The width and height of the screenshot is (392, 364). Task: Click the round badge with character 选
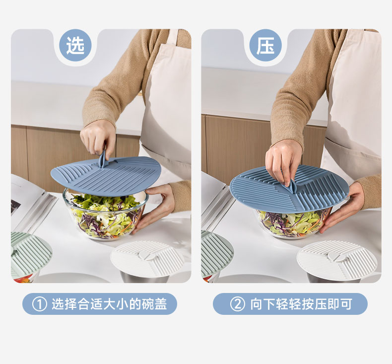click(75, 45)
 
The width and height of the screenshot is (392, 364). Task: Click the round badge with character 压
click(265, 45)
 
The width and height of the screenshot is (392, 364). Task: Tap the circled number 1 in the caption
click(40, 304)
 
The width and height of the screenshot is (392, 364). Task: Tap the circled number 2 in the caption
click(237, 304)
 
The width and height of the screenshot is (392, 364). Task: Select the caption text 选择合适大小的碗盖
click(109, 304)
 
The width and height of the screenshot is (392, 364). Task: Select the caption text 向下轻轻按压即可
click(301, 304)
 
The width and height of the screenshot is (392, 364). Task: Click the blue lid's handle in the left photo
click(103, 159)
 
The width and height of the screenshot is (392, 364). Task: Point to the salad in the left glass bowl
click(105, 215)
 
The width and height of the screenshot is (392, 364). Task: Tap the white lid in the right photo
click(337, 259)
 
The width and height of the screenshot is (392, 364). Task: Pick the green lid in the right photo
click(216, 253)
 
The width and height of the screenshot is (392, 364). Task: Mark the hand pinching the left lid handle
click(97, 140)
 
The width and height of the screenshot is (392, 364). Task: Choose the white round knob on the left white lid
click(145, 255)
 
